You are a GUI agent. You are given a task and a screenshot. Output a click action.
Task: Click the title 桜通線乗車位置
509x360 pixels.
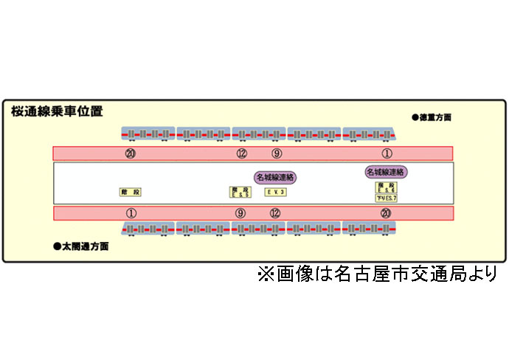57,112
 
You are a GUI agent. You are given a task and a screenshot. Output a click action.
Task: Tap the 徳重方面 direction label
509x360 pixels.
432,117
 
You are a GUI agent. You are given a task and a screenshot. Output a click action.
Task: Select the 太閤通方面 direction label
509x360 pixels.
81,246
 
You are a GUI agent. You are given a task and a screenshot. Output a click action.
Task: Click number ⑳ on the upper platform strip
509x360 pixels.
131,153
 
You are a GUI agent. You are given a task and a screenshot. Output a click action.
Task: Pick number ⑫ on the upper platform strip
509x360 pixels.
241,153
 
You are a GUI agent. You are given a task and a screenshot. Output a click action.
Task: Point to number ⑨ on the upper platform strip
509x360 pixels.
277,153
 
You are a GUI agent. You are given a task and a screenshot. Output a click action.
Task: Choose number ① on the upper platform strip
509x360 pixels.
387,153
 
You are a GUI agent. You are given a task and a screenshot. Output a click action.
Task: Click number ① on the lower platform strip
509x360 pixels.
131,213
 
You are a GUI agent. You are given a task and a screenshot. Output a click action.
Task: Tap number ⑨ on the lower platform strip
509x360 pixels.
240,213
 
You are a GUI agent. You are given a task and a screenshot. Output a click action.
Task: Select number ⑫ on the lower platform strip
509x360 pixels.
275,213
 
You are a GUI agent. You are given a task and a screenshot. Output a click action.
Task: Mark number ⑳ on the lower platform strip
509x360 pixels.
386,213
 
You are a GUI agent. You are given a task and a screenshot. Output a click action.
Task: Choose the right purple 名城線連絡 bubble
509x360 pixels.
386,172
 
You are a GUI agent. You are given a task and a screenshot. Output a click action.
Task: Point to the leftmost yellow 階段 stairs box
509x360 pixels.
131,192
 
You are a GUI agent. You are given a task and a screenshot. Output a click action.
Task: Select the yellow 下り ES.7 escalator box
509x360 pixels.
386,198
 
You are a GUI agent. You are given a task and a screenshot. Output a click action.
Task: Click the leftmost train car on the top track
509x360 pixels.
148,134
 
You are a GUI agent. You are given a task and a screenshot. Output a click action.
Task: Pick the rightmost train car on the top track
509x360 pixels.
370,134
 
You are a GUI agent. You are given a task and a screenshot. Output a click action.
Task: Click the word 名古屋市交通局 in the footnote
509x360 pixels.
386,274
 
